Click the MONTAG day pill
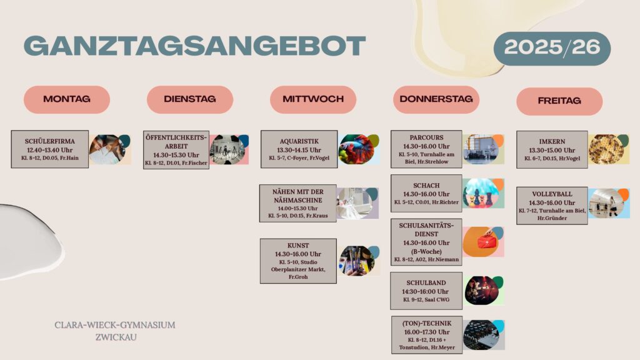(67, 99)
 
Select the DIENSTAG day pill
(190, 99)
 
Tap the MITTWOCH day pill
(313, 99)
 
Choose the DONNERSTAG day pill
(436, 99)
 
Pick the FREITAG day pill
(559, 101)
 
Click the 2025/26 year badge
(552, 48)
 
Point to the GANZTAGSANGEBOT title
(195, 46)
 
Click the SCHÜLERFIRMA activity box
(50, 149)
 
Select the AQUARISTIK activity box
(299, 149)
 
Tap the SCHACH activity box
(426, 194)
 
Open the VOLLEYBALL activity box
(552, 206)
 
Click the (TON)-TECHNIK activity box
(427, 335)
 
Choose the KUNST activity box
(298, 261)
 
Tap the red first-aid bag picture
(484, 242)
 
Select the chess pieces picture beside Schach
(484, 193)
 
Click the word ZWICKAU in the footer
(116, 337)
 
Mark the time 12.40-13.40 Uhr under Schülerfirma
(50, 150)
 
